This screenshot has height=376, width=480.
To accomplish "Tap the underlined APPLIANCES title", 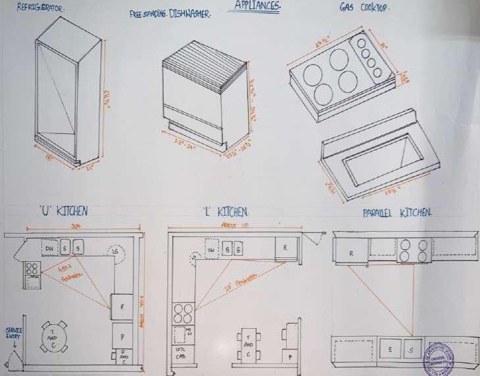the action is click(x=256, y=5).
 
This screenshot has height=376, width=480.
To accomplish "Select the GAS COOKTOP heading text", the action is click(x=363, y=9).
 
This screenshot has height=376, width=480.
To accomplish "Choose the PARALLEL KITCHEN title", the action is click(x=397, y=213).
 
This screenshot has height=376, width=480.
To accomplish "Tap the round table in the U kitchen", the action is click(x=53, y=336).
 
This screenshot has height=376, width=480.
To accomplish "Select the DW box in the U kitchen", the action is click(x=49, y=249).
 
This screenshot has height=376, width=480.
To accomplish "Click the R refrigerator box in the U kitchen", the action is click(x=122, y=306).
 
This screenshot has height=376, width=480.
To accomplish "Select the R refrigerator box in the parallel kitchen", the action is click(x=350, y=252).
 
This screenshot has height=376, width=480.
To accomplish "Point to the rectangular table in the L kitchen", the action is click(x=247, y=344).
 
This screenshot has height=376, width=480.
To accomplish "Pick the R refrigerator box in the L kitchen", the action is click(x=285, y=249).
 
